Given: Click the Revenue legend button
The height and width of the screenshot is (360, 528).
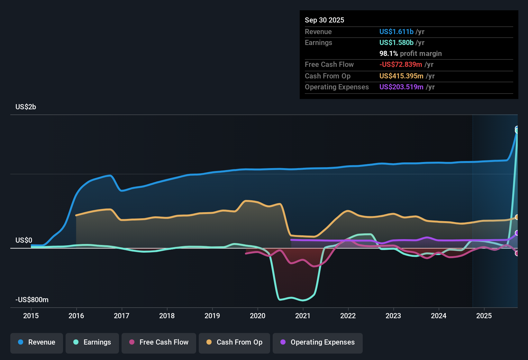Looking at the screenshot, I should (37, 342).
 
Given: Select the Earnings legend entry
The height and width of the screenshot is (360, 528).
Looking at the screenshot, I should (92, 342).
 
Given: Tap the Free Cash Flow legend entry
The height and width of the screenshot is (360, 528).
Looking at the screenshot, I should (159, 342).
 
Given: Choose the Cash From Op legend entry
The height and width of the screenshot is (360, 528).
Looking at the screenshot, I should (234, 342).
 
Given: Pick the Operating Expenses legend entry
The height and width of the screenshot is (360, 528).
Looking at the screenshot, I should (317, 342).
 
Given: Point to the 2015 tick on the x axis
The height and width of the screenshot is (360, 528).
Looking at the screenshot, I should (31, 316).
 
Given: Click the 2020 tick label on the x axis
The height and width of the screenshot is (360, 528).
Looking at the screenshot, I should (258, 316).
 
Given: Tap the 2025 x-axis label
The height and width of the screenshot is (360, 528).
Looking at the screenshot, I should (484, 316).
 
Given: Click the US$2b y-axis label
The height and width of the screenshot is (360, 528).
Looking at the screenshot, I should (26, 107).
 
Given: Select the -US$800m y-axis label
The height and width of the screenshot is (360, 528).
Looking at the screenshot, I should (32, 300).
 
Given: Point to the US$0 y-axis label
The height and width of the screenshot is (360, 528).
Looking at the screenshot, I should (24, 240).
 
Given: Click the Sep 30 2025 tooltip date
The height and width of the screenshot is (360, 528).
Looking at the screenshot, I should (324, 20).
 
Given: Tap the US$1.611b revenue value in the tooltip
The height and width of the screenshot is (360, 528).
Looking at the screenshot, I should (396, 32).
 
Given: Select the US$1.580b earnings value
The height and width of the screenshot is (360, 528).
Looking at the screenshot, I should (396, 43).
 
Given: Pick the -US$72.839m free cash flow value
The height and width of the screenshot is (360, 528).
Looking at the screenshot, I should (400, 65).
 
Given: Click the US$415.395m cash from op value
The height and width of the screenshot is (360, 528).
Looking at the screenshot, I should (401, 76).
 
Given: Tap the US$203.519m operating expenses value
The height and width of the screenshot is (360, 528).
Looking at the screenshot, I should (401, 87).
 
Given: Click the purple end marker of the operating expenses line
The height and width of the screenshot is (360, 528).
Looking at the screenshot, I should (517, 233).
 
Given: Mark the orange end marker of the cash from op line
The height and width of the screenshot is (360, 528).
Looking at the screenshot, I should (517, 217).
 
